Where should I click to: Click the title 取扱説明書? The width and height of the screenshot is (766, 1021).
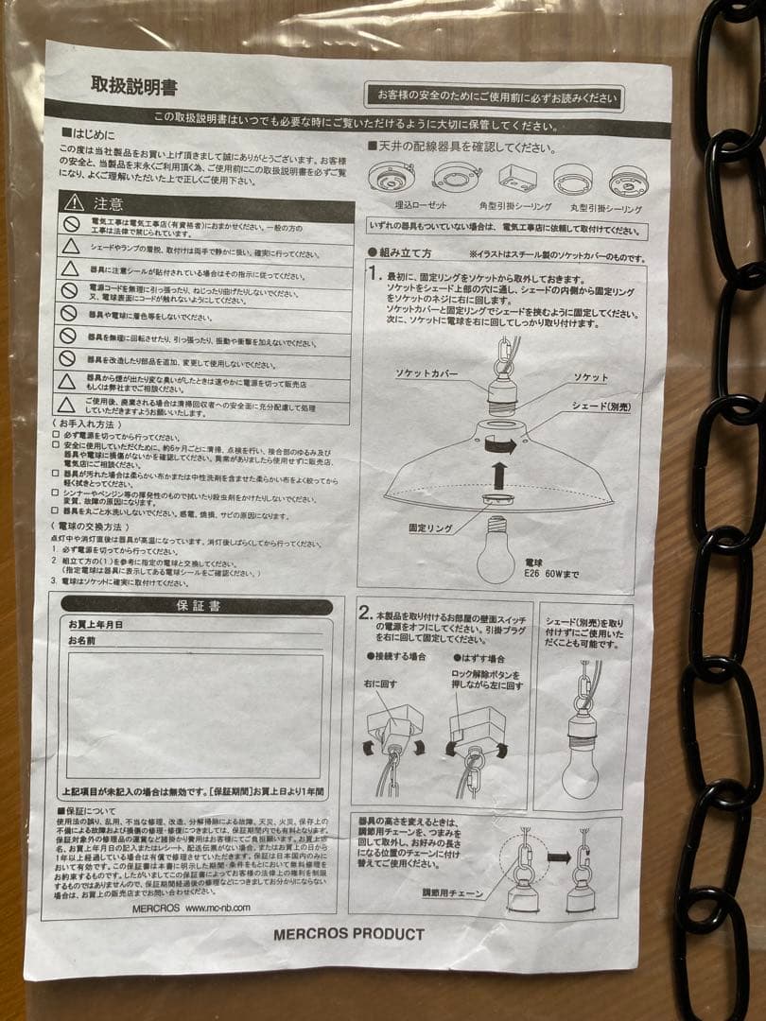(x=133, y=87)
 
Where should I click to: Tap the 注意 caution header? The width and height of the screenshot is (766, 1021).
(x=107, y=202)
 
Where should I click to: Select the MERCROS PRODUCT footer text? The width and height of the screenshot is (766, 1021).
(x=349, y=933)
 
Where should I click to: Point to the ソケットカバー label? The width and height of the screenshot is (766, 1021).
(x=427, y=374)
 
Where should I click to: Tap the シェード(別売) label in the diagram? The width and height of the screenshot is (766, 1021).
(x=604, y=406)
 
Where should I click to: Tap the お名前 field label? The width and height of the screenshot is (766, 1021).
(x=82, y=640)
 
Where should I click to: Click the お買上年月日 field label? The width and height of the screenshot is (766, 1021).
(x=96, y=624)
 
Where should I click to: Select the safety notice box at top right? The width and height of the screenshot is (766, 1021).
(x=495, y=95)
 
